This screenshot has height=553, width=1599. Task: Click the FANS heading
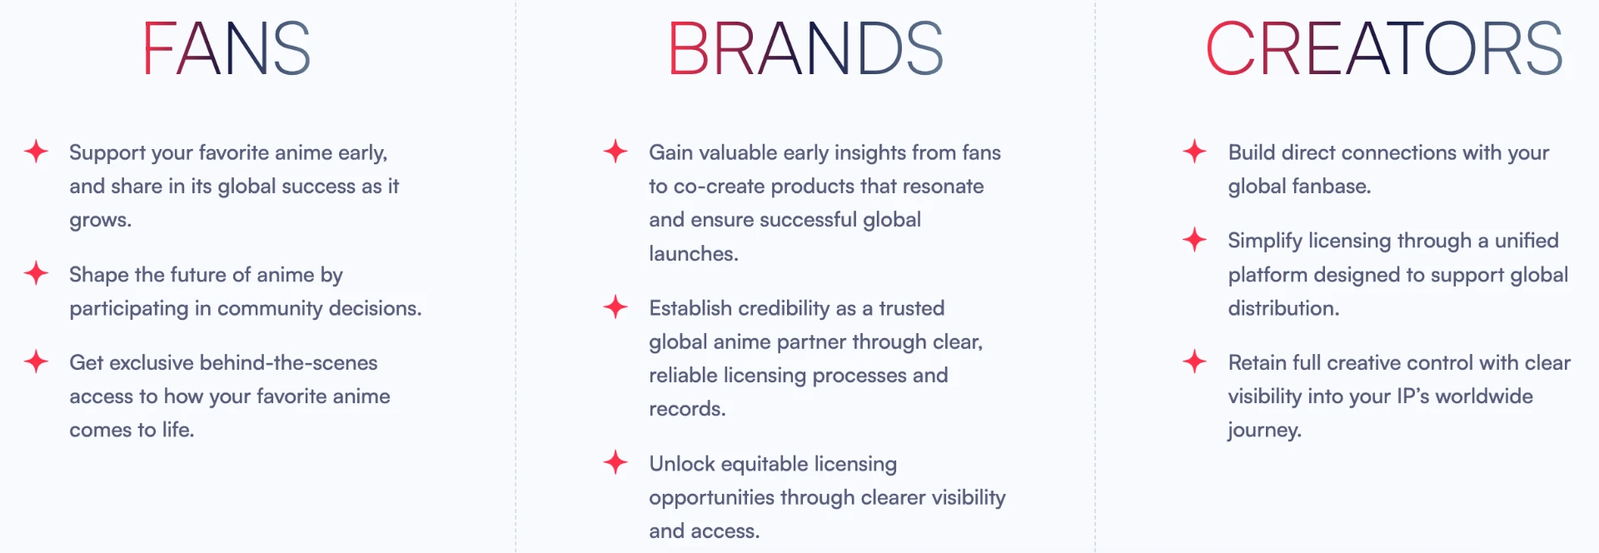tap(227, 49)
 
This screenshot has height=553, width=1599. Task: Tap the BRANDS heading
tap(805, 49)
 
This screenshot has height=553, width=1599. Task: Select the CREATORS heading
tap(1384, 49)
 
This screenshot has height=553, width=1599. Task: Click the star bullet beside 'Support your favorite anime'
tap(36, 152)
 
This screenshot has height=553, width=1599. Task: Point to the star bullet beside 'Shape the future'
tap(36, 273)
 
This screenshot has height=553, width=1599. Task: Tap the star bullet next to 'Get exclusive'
tap(36, 361)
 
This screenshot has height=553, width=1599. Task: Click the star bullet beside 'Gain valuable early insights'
tap(615, 152)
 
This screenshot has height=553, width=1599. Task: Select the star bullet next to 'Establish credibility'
tap(615, 306)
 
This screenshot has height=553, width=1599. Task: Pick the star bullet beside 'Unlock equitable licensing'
tap(615, 462)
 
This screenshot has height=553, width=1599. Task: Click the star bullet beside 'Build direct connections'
tap(1194, 152)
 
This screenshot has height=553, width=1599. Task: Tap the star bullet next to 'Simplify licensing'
tap(1194, 240)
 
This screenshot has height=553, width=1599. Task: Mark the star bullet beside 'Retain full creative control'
tap(1194, 361)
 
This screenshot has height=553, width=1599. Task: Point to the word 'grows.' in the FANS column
tap(101, 221)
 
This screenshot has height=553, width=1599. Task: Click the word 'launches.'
tap(694, 253)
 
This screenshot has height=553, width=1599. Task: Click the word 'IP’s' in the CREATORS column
tap(1412, 396)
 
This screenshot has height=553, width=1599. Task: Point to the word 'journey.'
tap(1264, 431)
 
